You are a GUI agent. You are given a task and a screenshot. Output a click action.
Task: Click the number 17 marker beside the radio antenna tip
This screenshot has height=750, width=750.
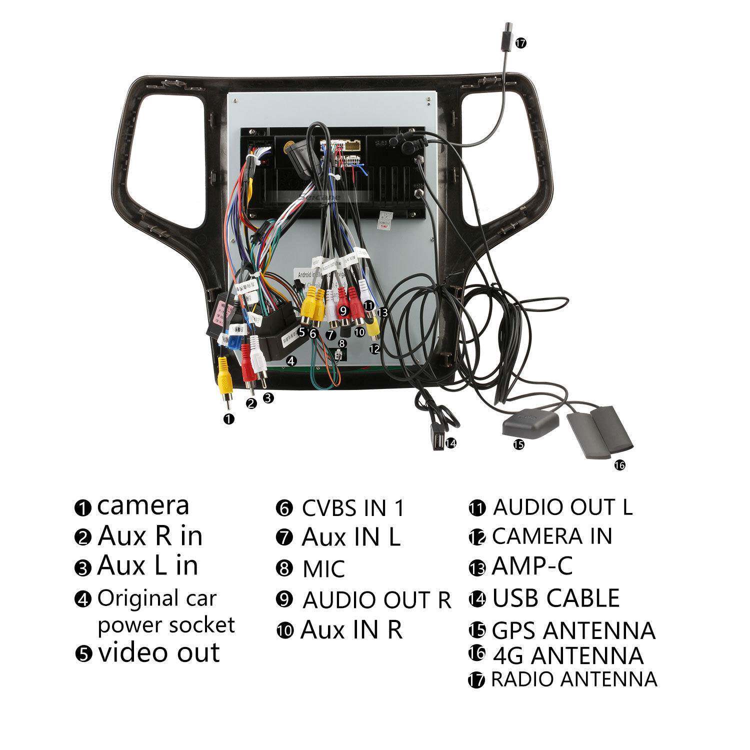pos(521,43)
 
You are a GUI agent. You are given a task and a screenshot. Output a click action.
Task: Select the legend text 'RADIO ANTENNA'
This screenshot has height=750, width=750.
pos(574,679)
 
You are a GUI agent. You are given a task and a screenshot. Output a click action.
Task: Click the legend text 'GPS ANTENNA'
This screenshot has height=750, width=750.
pos(573,630)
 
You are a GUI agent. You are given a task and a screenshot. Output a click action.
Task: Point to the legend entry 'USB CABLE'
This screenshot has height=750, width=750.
pos(556,598)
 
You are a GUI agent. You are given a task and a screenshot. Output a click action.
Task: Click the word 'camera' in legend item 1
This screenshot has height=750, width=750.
pos(143,505)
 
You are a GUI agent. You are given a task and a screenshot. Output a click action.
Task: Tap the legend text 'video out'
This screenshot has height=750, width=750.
pos(159,653)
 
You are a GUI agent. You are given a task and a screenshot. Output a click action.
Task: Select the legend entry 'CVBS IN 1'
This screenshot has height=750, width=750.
pos(352,508)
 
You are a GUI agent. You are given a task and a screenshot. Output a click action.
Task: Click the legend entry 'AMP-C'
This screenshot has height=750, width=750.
pos(532,566)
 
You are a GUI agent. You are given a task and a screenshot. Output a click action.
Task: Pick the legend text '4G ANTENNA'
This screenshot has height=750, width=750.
pos(568,655)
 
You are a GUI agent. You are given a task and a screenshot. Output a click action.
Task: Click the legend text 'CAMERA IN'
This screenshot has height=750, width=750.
pos(552,536)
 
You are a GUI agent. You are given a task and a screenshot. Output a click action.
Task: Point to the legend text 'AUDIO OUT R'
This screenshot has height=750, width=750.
pos(376,600)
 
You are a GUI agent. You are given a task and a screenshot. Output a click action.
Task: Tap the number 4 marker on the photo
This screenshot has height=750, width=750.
pos(290,360)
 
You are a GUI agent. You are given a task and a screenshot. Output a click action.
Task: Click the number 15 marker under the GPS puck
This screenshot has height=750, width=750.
pos(518,444)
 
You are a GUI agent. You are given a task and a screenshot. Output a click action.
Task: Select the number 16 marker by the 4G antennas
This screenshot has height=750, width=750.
pos(619,465)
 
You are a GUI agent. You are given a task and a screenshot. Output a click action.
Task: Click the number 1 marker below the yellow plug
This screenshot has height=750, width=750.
pos(229,419)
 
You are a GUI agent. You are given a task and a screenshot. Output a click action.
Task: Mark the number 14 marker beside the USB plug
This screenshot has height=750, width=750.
pos(451,442)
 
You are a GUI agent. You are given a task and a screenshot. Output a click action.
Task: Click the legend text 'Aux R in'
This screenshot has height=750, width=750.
pos(150,536)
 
